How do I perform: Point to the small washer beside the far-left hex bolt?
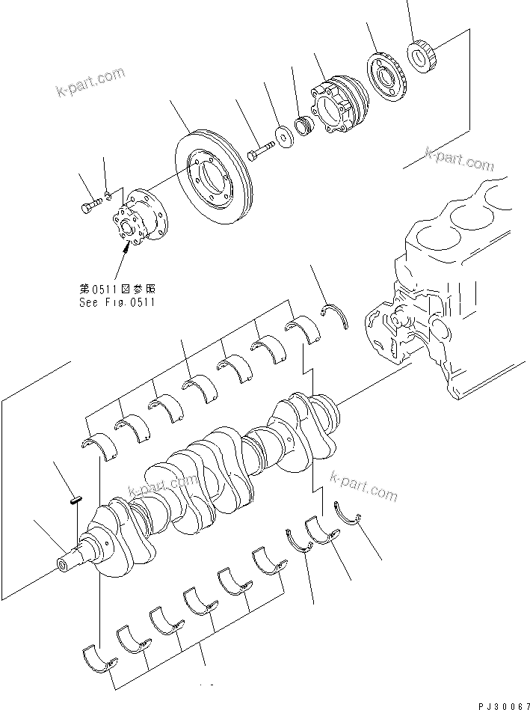(109, 197)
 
